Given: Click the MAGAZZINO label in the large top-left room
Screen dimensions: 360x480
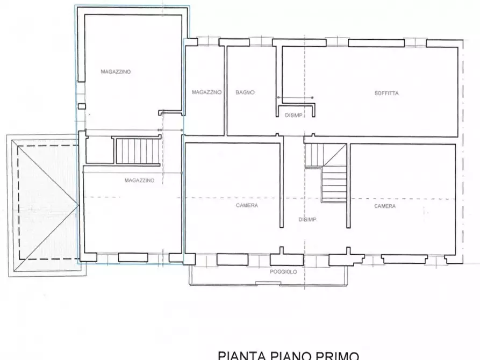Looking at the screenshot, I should [116, 71].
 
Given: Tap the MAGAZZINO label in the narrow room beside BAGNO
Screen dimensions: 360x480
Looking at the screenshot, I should [206, 92].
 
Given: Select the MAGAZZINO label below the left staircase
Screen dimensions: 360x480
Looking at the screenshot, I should [139, 181].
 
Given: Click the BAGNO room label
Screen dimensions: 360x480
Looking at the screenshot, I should [245, 92].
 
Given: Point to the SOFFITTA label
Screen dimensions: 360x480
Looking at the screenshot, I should [386, 93].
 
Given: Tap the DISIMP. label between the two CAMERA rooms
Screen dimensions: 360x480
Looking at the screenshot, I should [307, 220].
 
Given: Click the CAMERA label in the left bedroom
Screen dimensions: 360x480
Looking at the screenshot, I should [247, 205].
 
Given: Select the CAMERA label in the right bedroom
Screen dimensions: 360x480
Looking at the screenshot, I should [385, 206].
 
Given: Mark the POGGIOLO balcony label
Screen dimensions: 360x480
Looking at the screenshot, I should [283, 272].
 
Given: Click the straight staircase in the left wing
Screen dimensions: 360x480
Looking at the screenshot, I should [138, 151].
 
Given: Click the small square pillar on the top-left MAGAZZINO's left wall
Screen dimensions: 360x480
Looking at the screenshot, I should [81, 106].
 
